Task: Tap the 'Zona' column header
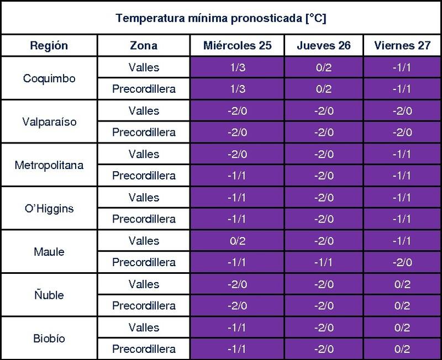coord(144,46)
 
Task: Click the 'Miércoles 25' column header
coord(237,46)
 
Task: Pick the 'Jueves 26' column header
coord(324,46)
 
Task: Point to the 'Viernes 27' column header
coord(402,46)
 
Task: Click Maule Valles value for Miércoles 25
coord(237,241)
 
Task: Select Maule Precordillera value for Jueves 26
coord(324,262)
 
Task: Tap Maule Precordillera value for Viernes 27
coord(402,262)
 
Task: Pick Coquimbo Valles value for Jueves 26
coord(324,68)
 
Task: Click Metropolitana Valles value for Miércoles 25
coord(237,154)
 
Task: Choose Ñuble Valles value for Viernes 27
coord(402,284)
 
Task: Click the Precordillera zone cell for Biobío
coord(144,349)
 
